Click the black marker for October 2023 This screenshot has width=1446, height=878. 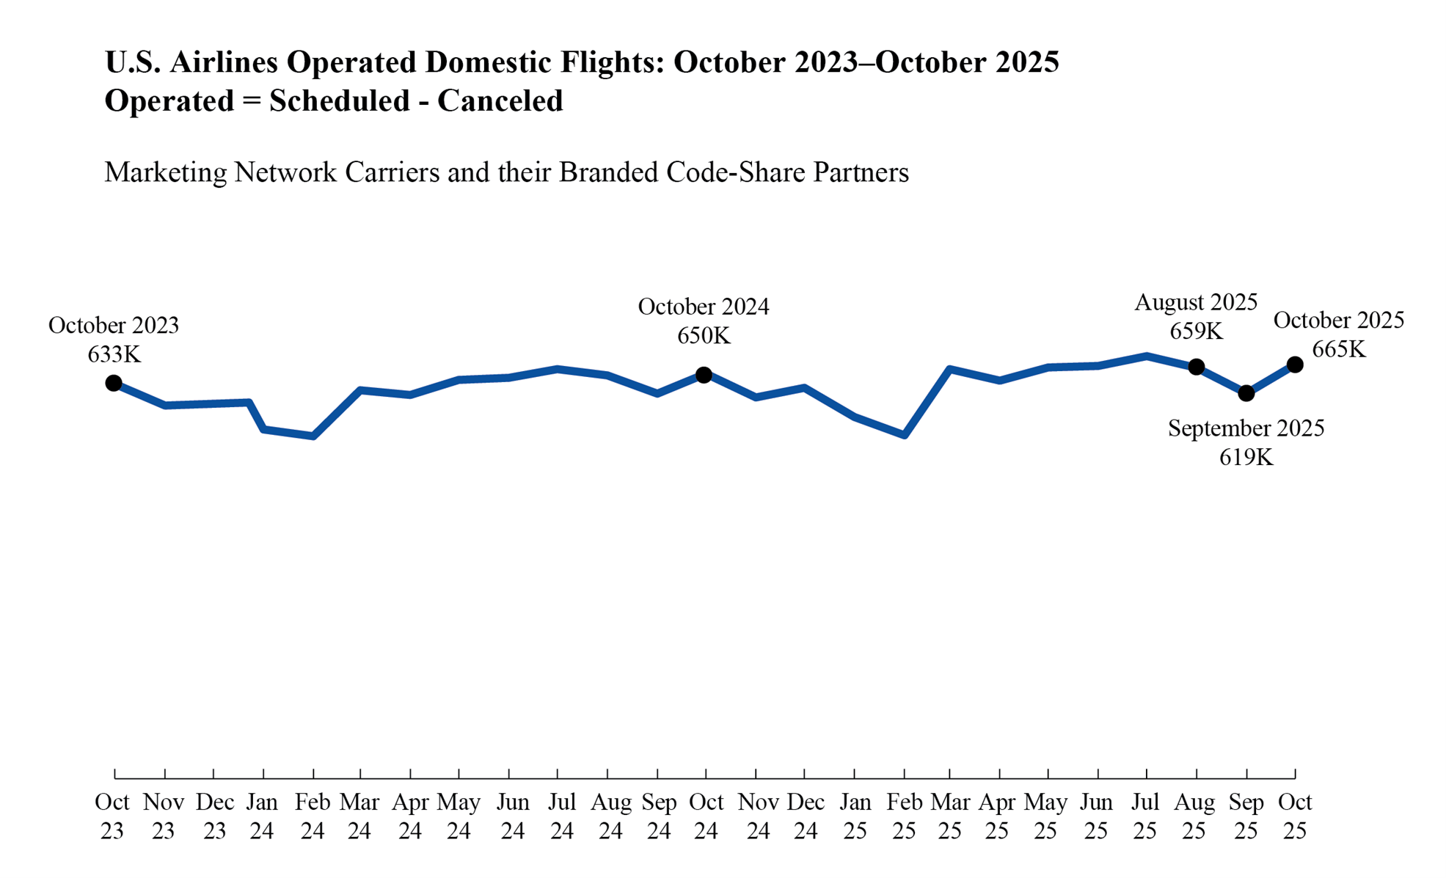tap(114, 383)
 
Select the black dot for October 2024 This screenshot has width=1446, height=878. tap(704, 375)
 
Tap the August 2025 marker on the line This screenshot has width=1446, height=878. tap(1197, 367)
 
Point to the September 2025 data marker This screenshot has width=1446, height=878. tap(1246, 394)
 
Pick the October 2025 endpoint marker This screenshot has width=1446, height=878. tap(1296, 365)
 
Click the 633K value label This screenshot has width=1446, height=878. tap(114, 355)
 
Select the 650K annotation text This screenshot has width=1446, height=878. tap(704, 336)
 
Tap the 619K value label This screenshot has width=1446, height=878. tap(1246, 458)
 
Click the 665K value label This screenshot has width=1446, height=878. tap(1339, 349)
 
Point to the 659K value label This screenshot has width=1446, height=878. tap(1197, 332)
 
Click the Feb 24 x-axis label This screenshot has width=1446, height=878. tap(313, 816)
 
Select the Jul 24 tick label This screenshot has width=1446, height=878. tap(562, 816)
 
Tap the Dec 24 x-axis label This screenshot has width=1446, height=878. tap(806, 816)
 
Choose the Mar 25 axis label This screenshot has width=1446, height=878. tap(950, 816)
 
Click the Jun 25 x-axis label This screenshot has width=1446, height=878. tap(1096, 816)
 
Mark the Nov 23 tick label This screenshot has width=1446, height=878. tap(164, 816)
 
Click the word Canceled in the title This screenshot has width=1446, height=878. tap(500, 101)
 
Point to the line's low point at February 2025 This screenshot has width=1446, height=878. tap(905, 435)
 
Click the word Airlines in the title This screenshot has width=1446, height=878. tap(224, 62)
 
